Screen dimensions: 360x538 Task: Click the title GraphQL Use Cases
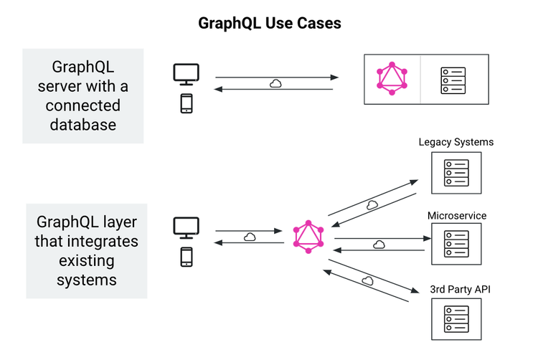pyautogui.click(x=269, y=23)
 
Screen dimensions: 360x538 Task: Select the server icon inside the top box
pyautogui.click(x=453, y=80)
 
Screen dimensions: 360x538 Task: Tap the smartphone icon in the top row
pyautogui.click(x=186, y=104)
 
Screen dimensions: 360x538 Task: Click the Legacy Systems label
pyautogui.click(x=456, y=142)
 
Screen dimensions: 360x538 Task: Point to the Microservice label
pyautogui.click(x=457, y=215)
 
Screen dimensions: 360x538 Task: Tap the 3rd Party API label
pyautogui.click(x=460, y=289)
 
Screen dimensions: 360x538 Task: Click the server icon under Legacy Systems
pyautogui.click(x=456, y=173)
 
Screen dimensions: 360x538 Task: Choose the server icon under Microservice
pyautogui.click(x=456, y=244)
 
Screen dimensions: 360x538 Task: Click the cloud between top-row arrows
pyautogui.click(x=275, y=83)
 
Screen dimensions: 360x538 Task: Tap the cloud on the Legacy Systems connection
pyautogui.click(x=372, y=204)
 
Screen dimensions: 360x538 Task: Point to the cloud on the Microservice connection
pyautogui.click(x=379, y=244)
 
